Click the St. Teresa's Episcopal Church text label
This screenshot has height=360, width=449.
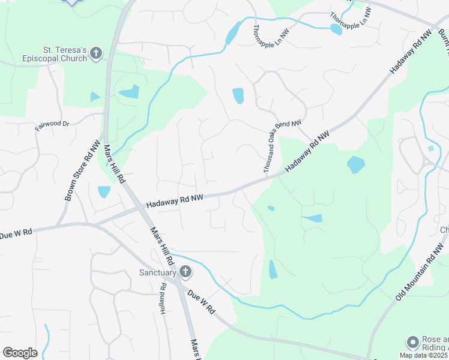(65, 54)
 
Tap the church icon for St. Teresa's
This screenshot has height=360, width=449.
(95, 55)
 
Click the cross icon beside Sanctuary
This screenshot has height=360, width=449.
(185, 272)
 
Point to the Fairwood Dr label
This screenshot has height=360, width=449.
(52, 125)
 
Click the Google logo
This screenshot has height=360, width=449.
(20, 353)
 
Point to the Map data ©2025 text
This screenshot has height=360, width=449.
(424, 355)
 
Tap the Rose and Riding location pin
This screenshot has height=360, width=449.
(412, 343)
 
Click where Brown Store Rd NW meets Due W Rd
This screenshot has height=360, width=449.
(58, 226)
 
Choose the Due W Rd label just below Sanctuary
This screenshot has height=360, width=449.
(201, 302)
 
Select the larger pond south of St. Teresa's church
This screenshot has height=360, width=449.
(129, 92)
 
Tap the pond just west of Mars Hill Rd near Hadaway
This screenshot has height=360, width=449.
(104, 192)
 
